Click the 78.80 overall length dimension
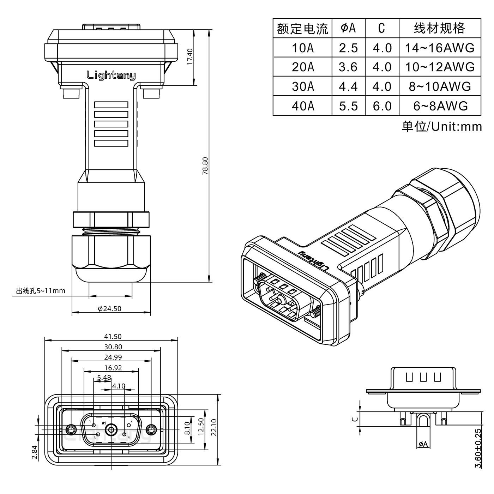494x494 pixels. (205, 166)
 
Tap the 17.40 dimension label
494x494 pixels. (190, 57)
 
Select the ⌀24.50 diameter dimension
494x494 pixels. (110, 308)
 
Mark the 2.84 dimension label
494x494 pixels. (35, 452)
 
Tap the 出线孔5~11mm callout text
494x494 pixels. (41, 291)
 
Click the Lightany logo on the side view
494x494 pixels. (111, 75)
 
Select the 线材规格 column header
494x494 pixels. (439, 28)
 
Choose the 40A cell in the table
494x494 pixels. (302, 106)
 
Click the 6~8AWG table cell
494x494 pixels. (440, 106)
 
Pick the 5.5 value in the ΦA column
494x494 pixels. (348, 106)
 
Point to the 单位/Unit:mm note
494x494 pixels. (441, 126)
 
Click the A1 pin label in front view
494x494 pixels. (103, 423)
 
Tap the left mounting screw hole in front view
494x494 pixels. (71, 430)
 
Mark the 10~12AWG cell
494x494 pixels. (440, 67)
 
